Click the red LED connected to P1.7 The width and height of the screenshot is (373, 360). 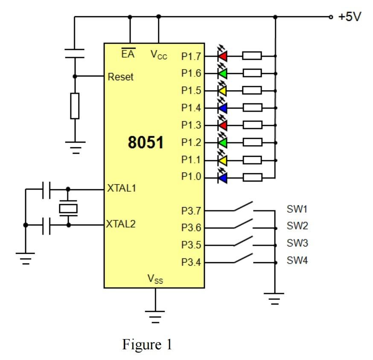coord(222,56)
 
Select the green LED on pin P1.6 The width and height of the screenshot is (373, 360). coord(222,73)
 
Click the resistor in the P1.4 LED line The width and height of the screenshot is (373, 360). coord(252,108)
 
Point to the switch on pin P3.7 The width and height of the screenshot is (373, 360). coord(244,207)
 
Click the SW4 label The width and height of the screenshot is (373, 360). coord(297,260)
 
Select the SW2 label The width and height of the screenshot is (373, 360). coord(297,225)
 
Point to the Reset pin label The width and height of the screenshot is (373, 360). coord(121,77)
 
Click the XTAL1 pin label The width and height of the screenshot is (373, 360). coord(121,188)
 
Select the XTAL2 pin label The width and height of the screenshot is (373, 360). coord(121,224)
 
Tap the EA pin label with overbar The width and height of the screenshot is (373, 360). coord(127,54)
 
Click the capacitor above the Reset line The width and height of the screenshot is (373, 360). coord(74,54)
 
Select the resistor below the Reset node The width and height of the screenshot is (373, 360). coord(75,106)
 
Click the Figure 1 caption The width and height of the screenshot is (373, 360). coord(147,345)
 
